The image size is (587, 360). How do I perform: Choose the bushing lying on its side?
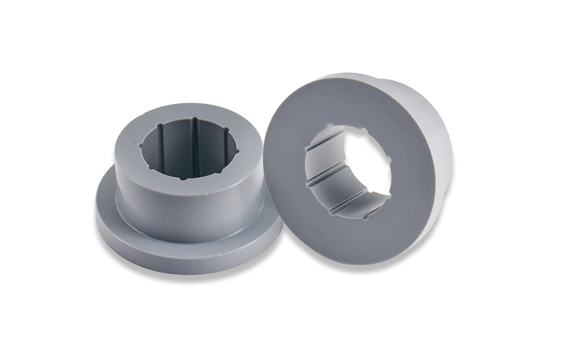359,168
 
